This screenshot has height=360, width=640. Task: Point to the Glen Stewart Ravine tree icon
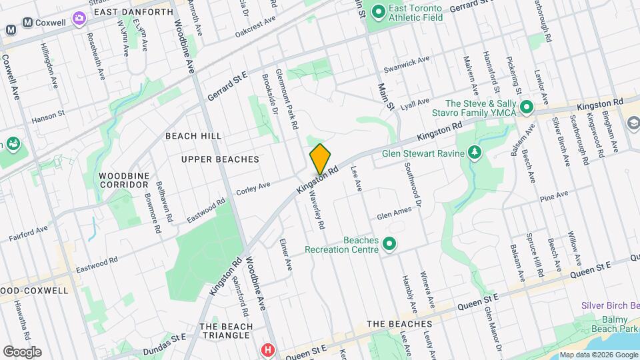pos(475,153)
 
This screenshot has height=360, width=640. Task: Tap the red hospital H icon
pos(268,350)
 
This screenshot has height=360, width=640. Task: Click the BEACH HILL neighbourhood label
pos(193,136)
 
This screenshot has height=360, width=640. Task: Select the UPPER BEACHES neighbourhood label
pos(219,159)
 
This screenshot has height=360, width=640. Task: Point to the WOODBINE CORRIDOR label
pos(123,179)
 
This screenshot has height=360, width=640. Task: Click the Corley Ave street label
pos(253,189)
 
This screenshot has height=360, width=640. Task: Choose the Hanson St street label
pos(48,118)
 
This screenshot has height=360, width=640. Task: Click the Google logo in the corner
pos(22,351)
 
